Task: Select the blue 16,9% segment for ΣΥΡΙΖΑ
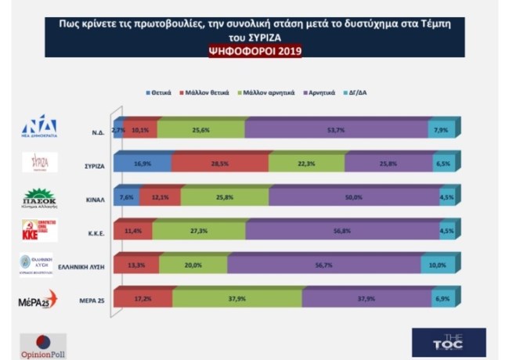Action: tap(142, 163)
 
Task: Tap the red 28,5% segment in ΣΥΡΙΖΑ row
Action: tap(219, 163)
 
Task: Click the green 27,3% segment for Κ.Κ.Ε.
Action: tap(190, 232)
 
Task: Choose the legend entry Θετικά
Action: tap(161, 92)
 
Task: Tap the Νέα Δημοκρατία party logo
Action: tap(39, 127)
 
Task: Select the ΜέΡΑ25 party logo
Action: tap(38, 300)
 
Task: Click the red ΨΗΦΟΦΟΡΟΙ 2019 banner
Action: tap(254, 52)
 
